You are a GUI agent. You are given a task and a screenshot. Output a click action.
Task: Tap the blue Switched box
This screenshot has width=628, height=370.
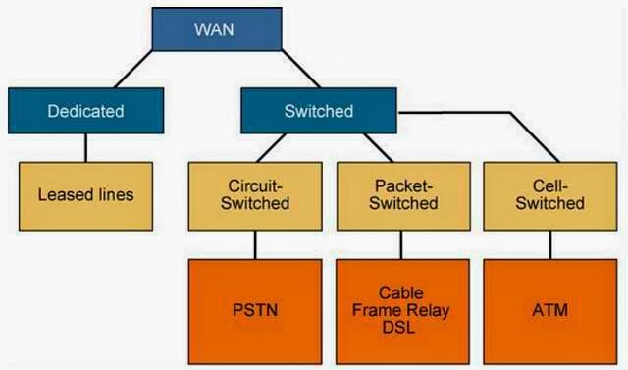318,111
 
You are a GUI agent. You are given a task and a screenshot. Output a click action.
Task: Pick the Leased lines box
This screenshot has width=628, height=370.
85,194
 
